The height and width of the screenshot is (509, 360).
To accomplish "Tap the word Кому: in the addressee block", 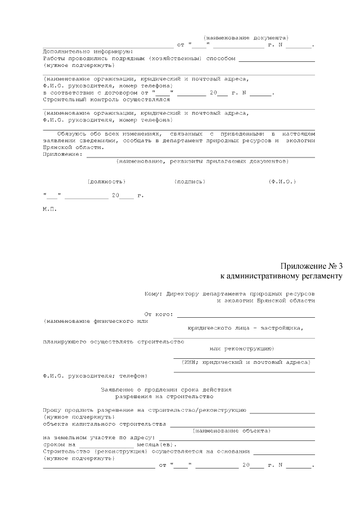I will [x=152, y=294].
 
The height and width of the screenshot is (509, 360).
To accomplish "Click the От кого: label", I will [x=159, y=314].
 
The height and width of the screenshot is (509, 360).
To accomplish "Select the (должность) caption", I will [x=106, y=182].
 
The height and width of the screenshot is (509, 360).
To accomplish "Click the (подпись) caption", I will [x=190, y=182].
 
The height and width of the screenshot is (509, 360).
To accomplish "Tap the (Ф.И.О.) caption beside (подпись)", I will [x=282, y=182].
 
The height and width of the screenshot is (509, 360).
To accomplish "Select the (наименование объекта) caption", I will [x=231, y=430].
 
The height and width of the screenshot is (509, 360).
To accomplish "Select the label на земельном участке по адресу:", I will [x=99, y=438].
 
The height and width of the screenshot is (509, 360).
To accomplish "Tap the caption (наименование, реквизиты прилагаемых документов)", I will [x=202, y=161].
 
